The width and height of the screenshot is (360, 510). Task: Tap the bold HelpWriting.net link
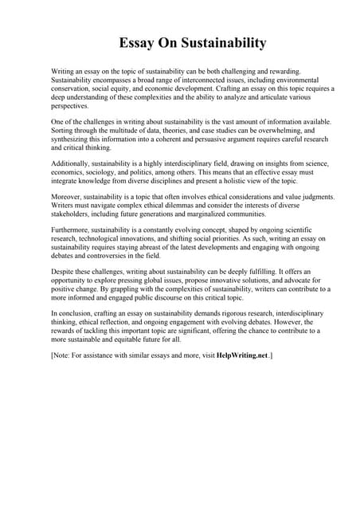pos(243,353)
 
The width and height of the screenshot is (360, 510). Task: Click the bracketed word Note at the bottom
pos(62,353)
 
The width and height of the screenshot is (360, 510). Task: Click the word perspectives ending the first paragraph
pos(70,104)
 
